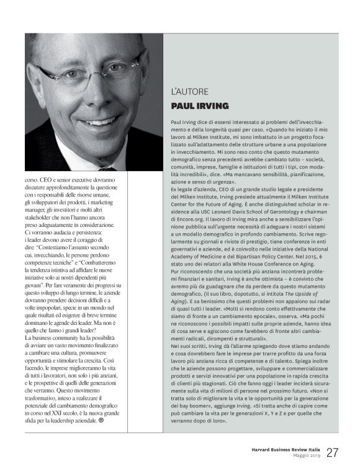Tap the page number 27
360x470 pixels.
click(333, 452)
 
